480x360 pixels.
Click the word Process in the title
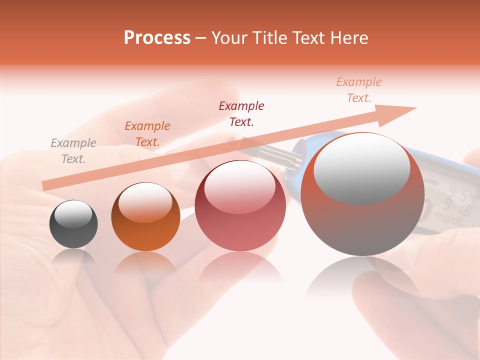(x=157, y=38)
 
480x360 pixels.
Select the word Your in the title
(x=229, y=38)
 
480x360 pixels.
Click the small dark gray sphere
(x=73, y=224)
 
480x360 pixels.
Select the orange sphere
(x=145, y=217)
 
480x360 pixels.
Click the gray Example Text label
(x=73, y=150)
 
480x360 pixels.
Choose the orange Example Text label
(x=147, y=133)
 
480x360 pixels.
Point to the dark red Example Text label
(x=241, y=113)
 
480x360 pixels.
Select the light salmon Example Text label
(x=359, y=89)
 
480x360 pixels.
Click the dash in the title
(x=201, y=38)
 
